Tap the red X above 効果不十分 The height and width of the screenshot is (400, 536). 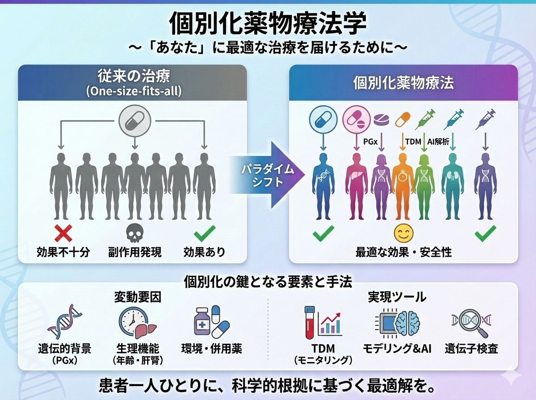63,233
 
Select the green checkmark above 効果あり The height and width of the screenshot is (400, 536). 205,233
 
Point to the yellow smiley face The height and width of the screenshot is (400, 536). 403,233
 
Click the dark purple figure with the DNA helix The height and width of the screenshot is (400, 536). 485,185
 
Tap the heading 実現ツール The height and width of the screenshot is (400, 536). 397,297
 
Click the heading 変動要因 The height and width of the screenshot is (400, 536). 137,297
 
